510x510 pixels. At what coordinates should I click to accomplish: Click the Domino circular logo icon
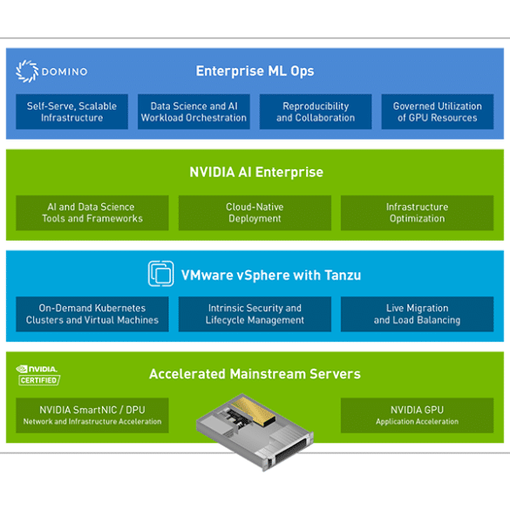pos(27,71)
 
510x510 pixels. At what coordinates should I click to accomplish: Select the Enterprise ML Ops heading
pos(255,71)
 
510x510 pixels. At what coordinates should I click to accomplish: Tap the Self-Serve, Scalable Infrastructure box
pos(71,112)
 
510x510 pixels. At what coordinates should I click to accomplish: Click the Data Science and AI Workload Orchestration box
pos(194,112)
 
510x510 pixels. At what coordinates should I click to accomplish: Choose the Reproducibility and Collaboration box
pos(316,112)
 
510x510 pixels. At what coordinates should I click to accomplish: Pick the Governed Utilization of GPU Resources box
pos(438,112)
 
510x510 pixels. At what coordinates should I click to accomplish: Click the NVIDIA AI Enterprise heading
pos(256,172)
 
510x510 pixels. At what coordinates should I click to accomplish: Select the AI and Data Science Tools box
pos(92,213)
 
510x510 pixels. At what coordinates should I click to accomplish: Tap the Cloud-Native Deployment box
pos(255,213)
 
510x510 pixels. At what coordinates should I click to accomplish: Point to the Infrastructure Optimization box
pos(417,213)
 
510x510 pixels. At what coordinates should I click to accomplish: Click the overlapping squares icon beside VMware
pos(160,274)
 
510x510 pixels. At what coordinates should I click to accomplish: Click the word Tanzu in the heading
pos(343,275)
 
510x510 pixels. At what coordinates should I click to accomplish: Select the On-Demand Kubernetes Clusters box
pos(92,314)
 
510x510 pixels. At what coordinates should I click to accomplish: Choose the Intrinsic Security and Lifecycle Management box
pos(255,314)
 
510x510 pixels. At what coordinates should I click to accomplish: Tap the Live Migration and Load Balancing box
pos(417,314)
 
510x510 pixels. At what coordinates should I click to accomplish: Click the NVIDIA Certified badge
pos(38,375)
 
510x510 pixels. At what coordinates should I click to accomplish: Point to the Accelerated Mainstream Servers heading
pos(255,374)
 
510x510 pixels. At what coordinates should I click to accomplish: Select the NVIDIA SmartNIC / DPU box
pos(92,415)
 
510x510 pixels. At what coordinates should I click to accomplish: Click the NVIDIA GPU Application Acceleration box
pos(417,415)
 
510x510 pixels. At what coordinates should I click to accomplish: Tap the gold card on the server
pos(254,410)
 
